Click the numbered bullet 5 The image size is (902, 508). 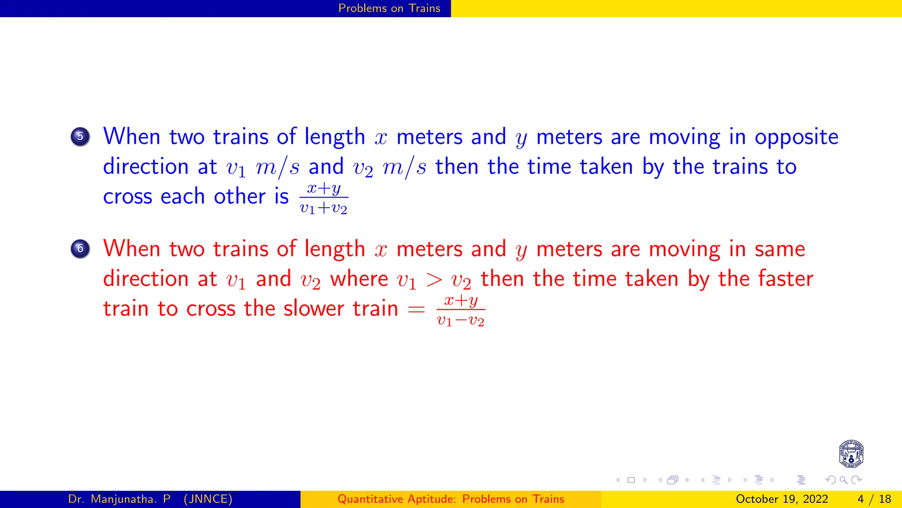coord(80,137)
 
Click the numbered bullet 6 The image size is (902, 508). coord(80,249)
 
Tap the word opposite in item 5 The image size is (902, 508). coord(796,138)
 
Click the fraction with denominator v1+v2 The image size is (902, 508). coord(324,198)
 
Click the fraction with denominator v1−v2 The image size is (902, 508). coord(461,310)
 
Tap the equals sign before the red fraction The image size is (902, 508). coord(416,310)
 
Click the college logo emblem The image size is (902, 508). coord(851,454)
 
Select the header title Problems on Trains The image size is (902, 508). coord(389,8)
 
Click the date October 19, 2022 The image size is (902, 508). coord(782,499)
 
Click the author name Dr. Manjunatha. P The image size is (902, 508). coord(119,499)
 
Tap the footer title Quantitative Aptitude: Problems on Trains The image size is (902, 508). coord(451,499)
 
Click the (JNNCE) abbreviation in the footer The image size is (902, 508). coord(208,499)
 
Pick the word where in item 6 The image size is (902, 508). coord(359,279)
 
